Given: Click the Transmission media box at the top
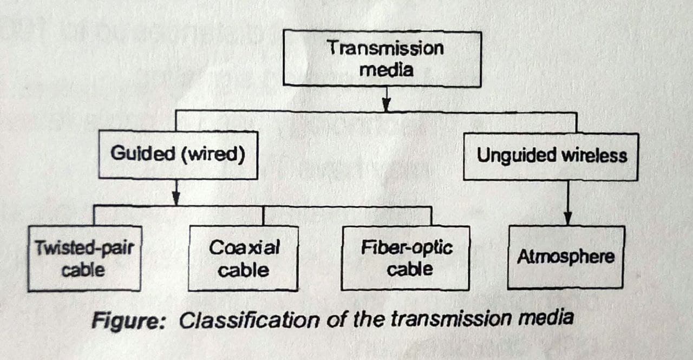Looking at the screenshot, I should click(x=382, y=58).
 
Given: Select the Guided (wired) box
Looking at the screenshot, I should click(x=178, y=155).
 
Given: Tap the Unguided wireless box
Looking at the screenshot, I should click(x=551, y=156).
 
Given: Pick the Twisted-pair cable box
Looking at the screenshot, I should click(x=84, y=259).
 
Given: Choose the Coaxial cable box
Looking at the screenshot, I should click(x=244, y=259).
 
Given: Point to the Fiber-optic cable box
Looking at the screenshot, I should click(x=406, y=258).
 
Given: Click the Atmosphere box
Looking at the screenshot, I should click(x=566, y=257).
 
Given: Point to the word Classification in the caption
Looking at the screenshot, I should click(x=249, y=320).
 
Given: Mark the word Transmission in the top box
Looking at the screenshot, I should click(x=385, y=48).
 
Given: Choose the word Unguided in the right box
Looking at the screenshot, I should click(x=516, y=156).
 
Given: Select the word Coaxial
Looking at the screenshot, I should click(x=244, y=248).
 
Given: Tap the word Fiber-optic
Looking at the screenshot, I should click(x=407, y=248).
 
